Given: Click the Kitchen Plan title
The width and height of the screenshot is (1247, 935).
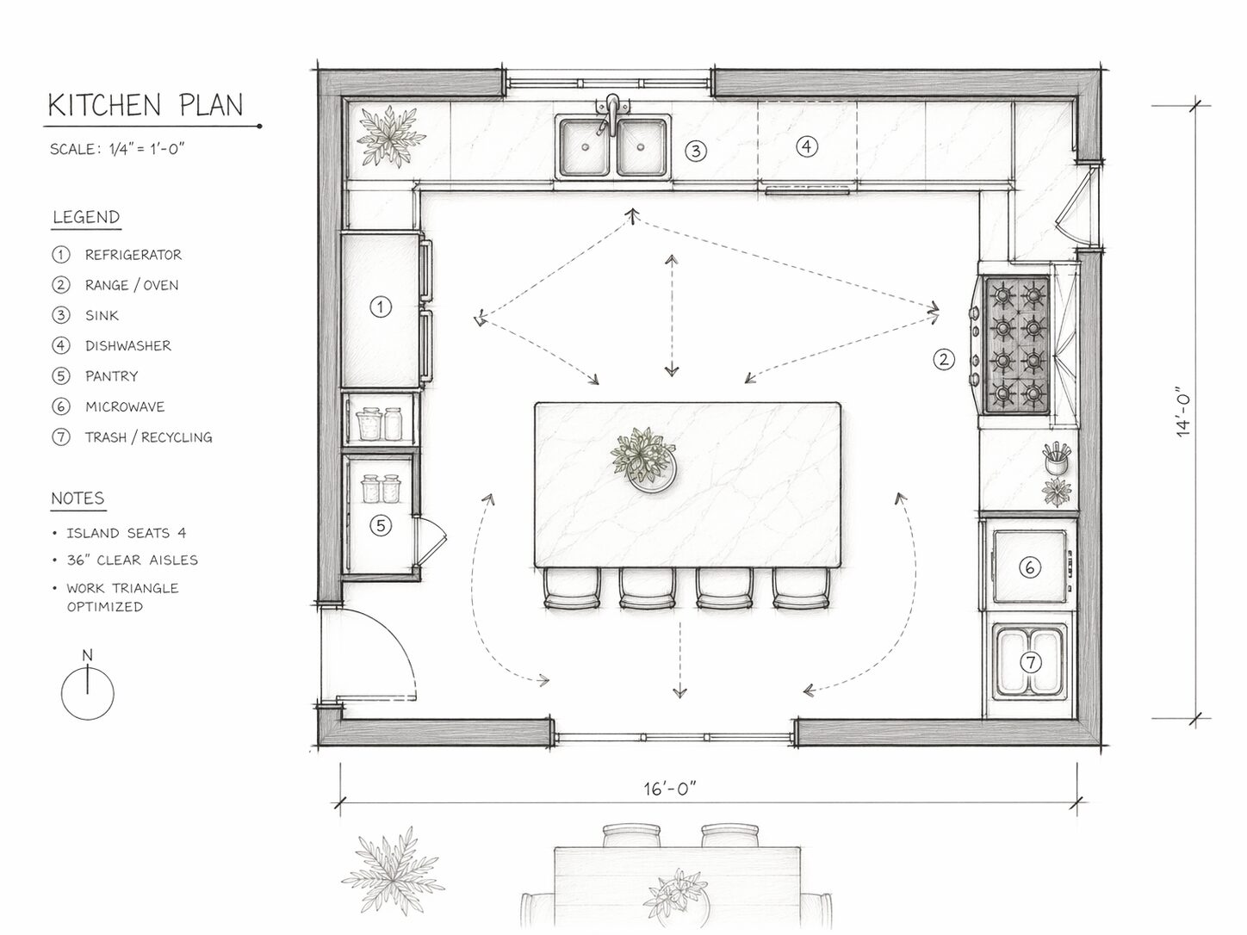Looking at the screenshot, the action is click(146, 105).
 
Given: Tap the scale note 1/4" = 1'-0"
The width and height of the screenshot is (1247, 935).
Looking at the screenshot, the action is click(147, 149).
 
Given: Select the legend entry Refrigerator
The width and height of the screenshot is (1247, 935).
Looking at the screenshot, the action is click(133, 255).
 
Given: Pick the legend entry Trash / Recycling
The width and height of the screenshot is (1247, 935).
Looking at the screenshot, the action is click(148, 437).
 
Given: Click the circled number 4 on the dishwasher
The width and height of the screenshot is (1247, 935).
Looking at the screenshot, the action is click(807, 147).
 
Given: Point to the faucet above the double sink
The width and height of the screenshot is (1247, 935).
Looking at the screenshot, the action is click(611, 114).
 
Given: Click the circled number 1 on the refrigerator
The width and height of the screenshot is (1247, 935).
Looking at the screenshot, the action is click(381, 307).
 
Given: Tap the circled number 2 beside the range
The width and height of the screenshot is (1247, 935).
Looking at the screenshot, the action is click(944, 359).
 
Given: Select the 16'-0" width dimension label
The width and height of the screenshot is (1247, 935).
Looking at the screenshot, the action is click(670, 789).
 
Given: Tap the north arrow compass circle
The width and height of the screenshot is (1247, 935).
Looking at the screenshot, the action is click(88, 694).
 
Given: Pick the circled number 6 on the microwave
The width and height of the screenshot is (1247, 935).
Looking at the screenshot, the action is click(1029, 567).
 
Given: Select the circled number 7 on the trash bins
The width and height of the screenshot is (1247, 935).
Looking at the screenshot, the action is click(1031, 662).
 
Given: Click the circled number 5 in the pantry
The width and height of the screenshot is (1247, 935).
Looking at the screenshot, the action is click(381, 526).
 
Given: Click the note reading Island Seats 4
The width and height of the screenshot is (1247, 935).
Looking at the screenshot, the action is click(126, 533).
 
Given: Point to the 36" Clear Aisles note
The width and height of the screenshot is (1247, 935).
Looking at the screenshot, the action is click(133, 560).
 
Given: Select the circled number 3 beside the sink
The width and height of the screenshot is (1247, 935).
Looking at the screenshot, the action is click(696, 151).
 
